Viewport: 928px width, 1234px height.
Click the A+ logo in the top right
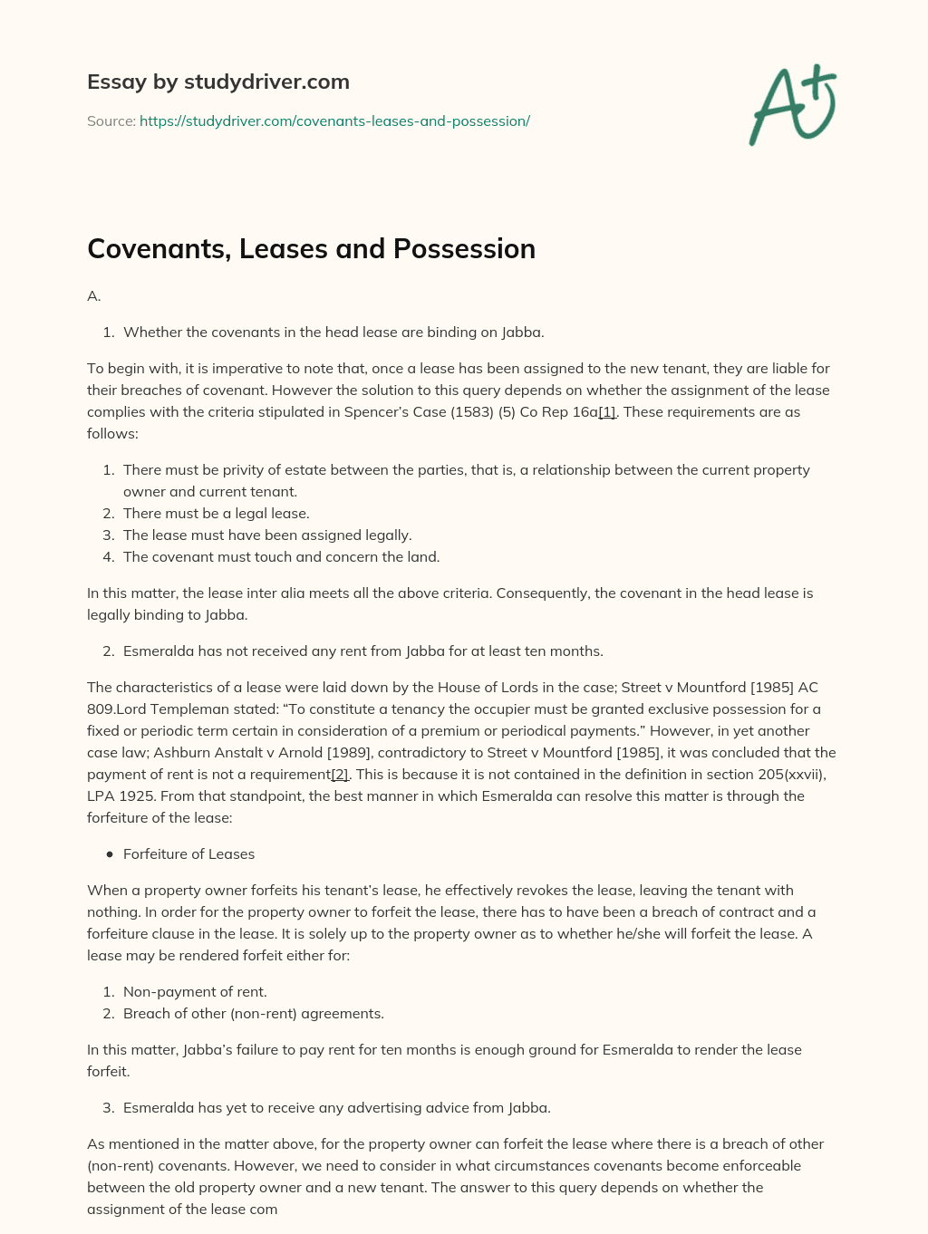coord(792,105)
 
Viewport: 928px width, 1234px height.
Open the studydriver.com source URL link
coord(334,121)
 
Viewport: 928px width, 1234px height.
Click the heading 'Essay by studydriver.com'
coord(217,82)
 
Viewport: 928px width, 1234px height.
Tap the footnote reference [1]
coord(607,412)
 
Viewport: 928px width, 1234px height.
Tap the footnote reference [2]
coord(340,775)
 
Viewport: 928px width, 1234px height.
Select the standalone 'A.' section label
coord(94,296)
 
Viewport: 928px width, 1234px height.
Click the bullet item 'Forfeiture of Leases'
coord(188,854)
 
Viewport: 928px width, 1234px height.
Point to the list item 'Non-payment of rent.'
coord(195,992)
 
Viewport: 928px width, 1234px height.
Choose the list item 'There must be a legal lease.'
coord(216,514)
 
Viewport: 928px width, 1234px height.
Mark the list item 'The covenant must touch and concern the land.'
coord(281,557)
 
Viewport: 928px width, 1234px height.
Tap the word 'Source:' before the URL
coord(111,121)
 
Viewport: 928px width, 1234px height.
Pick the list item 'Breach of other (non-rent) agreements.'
coord(253,1014)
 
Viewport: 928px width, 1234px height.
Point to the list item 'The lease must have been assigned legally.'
coord(267,535)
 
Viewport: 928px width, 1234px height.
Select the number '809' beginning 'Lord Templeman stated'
coord(101,709)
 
